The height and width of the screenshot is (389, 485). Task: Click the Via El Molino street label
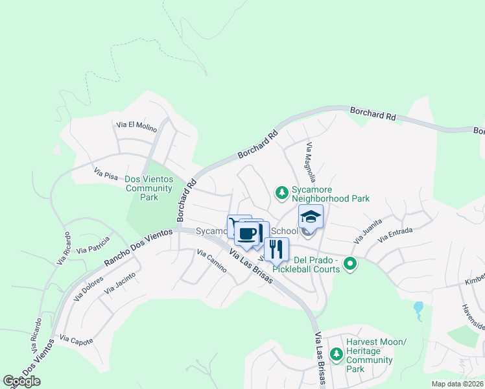[136, 126]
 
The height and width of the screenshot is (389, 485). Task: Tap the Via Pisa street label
[106, 174]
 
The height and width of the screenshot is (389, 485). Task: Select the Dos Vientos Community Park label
[148, 188]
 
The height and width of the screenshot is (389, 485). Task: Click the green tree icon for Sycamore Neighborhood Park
[282, 192]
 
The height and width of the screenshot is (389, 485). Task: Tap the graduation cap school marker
[311, 217]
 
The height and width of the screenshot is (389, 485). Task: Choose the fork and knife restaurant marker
[276, 249]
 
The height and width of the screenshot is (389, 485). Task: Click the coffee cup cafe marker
[247, 233]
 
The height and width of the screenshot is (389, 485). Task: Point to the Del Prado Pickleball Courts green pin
[350, 263]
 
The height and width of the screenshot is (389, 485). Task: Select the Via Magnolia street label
[311, 162]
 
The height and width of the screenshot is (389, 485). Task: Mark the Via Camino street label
[211, 261]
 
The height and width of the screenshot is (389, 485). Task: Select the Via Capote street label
[76, 339]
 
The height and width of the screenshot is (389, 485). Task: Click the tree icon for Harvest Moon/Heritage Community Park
[336, 354]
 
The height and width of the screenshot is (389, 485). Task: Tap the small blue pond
[418, 307]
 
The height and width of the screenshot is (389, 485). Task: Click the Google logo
[21, 381]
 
